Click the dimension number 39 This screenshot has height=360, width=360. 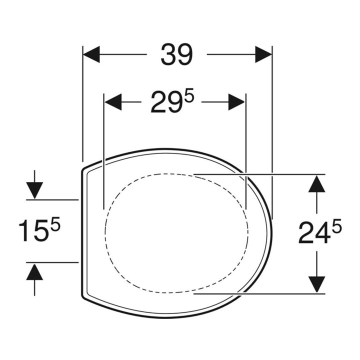pos(176,54)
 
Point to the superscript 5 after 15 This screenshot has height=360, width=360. pos(55,225)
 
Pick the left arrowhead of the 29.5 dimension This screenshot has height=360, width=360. pos(112,102)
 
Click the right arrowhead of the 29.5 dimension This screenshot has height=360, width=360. pos(236,102)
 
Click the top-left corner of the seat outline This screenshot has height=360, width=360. pos(83,170)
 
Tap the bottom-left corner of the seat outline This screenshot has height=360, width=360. pos(83,295)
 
